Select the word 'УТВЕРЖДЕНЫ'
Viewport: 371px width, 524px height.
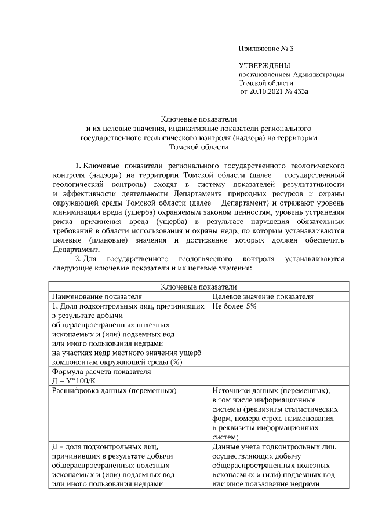[x=265, y=65]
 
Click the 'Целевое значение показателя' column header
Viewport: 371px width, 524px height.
[x=263, y=296]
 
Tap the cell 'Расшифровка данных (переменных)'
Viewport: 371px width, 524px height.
[x=114, y=391]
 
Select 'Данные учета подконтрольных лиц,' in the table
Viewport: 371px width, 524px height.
[x=274, y=447]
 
